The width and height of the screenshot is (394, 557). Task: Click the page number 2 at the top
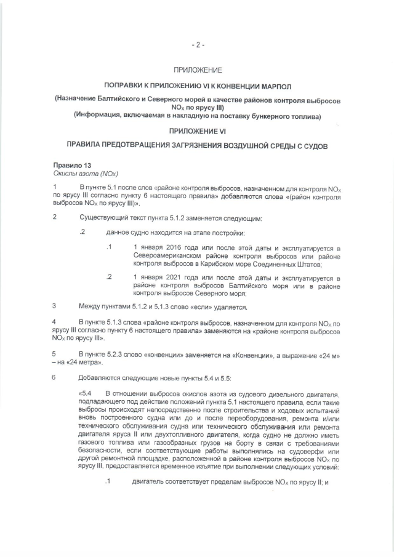[x=197, y=44]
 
